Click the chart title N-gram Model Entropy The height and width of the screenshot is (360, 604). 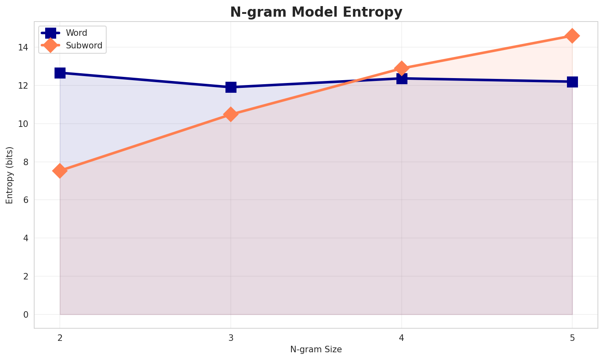pyautogui.click(x=316, y=12)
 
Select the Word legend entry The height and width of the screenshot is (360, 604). pyautogui.click(x=77, y=33)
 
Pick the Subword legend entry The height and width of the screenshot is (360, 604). pyautogui.click(x=84, y=46)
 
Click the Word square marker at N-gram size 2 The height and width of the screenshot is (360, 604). pyautogui.click(x=60, y=73)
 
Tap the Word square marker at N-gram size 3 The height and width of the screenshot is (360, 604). pyautogui.click(x=231, y=87)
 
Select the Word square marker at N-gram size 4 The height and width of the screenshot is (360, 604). pyautogui.click(x=402, y=78)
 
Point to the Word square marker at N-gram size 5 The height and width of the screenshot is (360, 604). pyautogui.click(x=572, y=82)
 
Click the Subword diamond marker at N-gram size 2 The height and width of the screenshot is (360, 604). pyautogui.click(x=60, y=171)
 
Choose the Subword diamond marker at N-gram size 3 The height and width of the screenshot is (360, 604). pyautogui.click(x=231, y=114)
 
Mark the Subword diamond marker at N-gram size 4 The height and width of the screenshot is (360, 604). pyautogui.click(x=402, y=68)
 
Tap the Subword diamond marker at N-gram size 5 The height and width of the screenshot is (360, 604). pyautogui.click(x=572, y=36)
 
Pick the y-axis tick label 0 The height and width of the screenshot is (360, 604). pyautogui.click(x=26, y=314)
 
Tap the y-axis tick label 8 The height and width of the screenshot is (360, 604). pyautogui.click(x=26, y=162)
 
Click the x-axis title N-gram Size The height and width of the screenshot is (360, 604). pyautogui.click(x=316, y=349)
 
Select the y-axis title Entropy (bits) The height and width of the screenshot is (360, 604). pyautogui.click(x=9, y=175)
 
